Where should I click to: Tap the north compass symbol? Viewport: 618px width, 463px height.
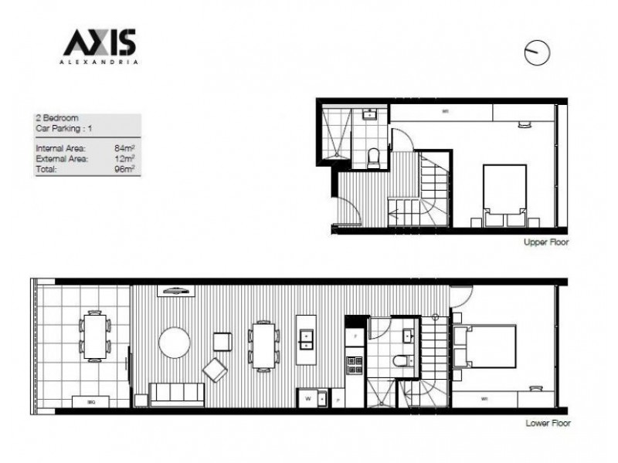click(537, 52)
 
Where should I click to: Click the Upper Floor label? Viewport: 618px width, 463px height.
click(546, 242)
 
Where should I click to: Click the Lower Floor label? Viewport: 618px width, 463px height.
click(546, 424)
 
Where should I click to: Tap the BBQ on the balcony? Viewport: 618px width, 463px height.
click(90, 401)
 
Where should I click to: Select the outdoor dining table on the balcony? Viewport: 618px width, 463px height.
click(94, 336)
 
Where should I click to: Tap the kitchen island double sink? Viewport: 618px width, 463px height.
click(306, 340)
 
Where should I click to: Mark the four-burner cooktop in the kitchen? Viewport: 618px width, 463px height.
click(354, 360)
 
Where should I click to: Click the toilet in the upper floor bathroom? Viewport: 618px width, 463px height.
click(374, 157)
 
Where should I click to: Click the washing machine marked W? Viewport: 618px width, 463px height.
click(308, 398)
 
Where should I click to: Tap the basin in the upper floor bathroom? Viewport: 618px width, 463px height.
click(368, 116)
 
